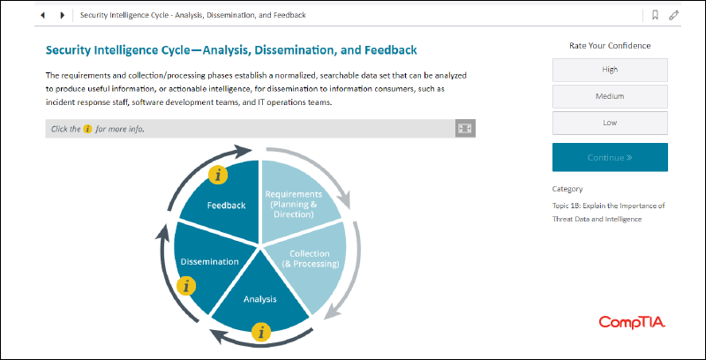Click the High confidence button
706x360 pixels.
tap(610, 70)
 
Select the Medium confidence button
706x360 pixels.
tap(610, 96)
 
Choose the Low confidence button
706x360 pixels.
tap(610, 123)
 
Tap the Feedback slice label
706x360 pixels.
tap(227, 206)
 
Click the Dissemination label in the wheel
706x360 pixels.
tap(209, 261)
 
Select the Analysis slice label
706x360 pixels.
tap(259, 299)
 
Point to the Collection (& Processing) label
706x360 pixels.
tap(310, 259)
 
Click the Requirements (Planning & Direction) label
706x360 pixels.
tap(294, 205)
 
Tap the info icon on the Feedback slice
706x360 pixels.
tap(218, 175)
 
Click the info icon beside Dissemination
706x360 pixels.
tap(186, 286)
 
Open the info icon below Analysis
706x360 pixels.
tap(261, 333)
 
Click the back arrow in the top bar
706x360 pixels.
tap(42, 15)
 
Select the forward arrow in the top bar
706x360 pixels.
tap(62, 15)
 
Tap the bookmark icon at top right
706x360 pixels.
tap(655, 15)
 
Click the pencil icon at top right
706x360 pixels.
tap(673, 15)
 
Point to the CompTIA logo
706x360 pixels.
tap(632, 322)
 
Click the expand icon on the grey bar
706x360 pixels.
tap(465, 129)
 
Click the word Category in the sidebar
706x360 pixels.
tap(567, 189)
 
